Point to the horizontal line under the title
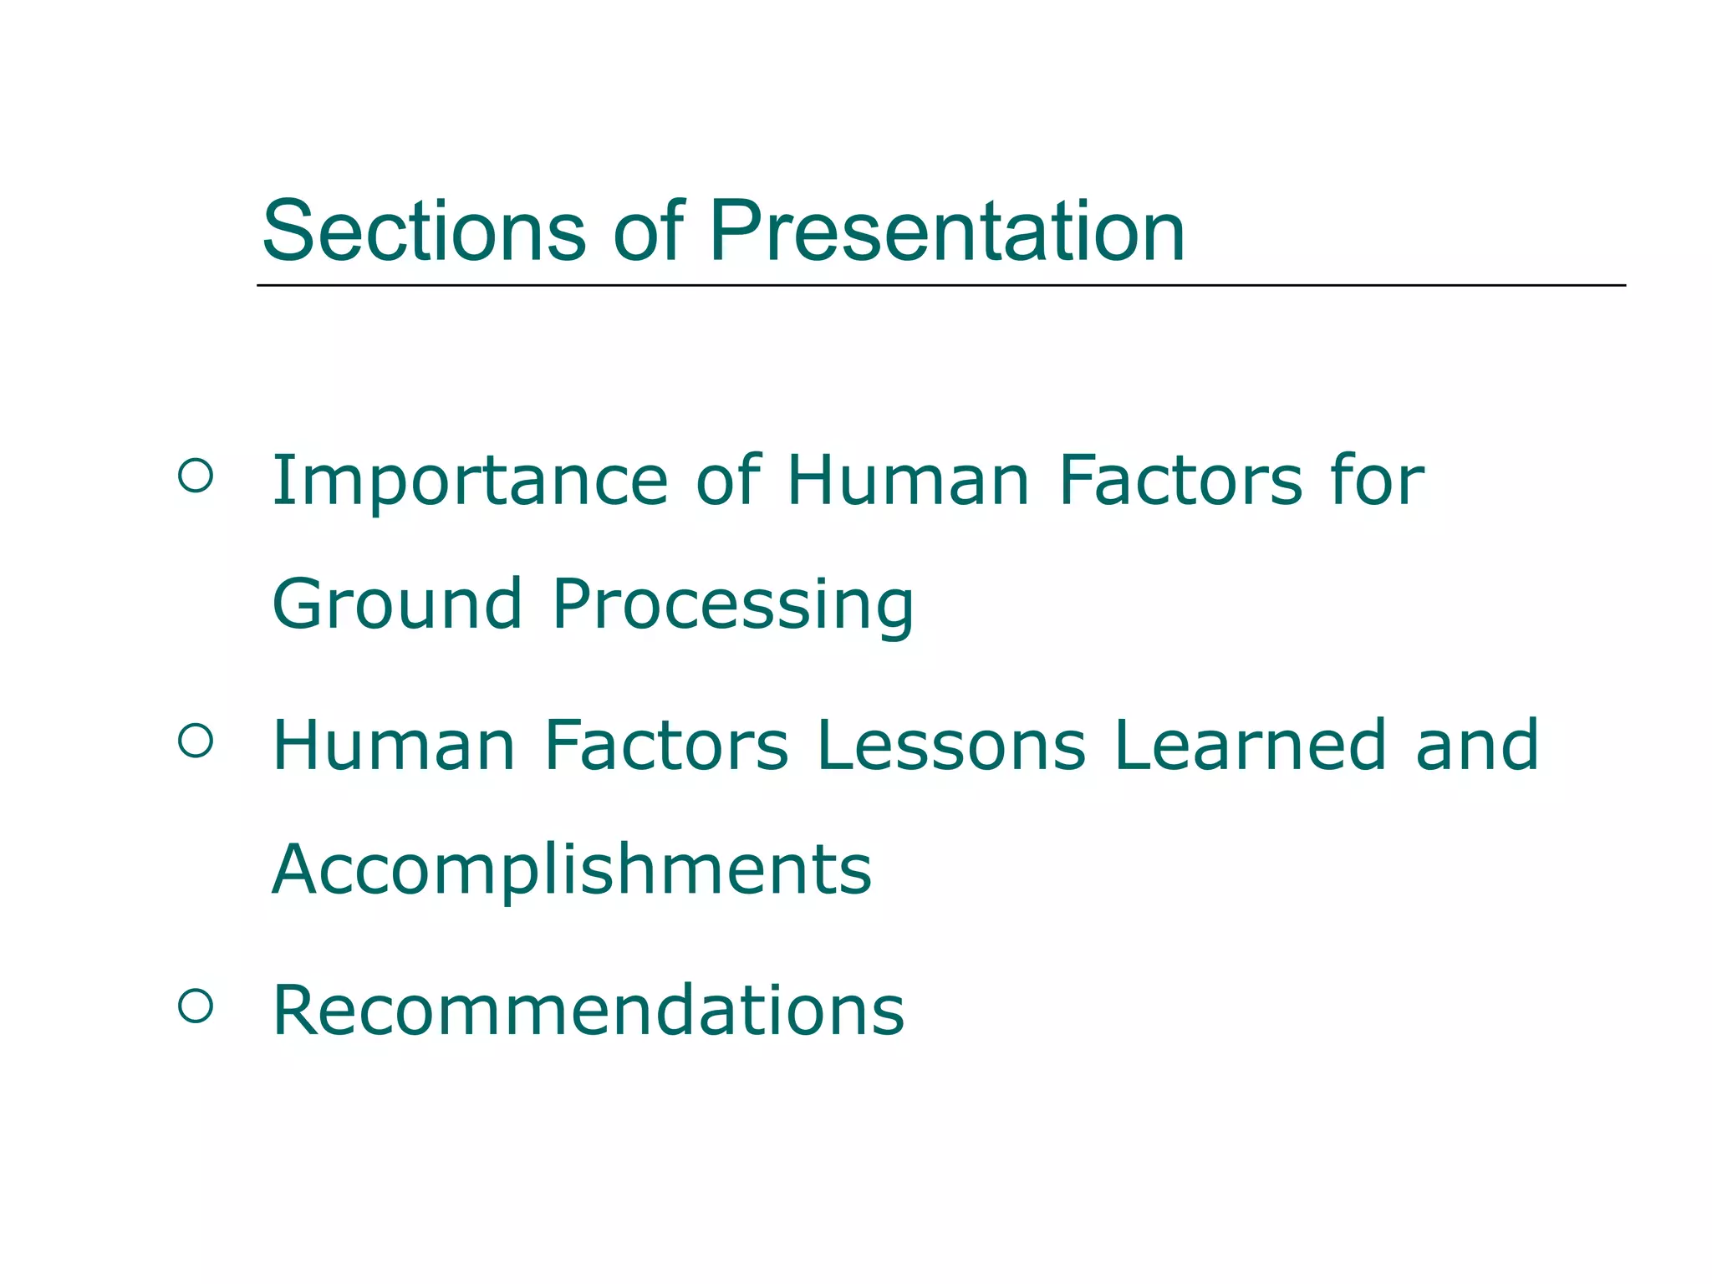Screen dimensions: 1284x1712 click(x=940, y=286)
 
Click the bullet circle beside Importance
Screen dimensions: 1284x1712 click(x=196, y=476)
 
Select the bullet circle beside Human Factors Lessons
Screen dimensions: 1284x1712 click(x=196, y=741)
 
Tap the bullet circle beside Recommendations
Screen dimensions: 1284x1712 click(x=196, y=1006)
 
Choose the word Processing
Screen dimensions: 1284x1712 click(x=733, y=606)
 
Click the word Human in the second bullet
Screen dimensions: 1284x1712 click(x=394, y=746)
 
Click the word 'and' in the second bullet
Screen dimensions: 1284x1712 click(x=1476, y=746)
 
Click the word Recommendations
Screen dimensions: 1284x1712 click(x=588, y=1011)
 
